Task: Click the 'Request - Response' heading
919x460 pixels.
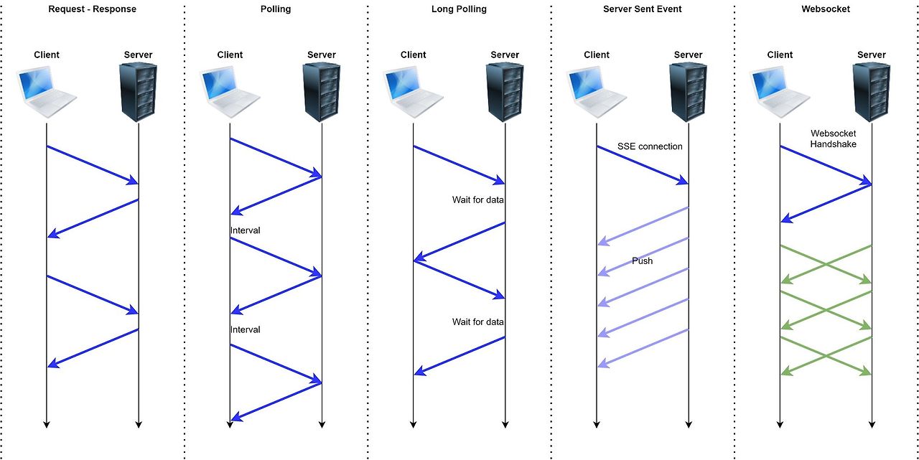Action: pos(93,9)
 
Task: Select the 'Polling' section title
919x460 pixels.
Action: pos(276,9)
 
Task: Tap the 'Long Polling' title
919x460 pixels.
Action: pos(459,9)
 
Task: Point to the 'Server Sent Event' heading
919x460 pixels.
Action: pos(642,9)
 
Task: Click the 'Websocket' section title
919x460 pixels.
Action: pos(826,9)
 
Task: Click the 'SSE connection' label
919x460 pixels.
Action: pos(650,146)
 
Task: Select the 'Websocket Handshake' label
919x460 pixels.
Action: pos(834,139)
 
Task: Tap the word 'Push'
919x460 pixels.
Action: pos(642,260)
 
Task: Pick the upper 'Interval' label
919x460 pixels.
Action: pos(246,230)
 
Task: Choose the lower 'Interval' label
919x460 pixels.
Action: pos(246,329)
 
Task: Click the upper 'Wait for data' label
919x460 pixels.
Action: pos(478,200)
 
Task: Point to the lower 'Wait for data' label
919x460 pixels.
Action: pos(478,321)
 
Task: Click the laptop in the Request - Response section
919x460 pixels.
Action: pos(46,93)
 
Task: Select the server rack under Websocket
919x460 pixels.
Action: pos(872,93)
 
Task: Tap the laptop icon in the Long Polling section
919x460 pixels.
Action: pos(413,93)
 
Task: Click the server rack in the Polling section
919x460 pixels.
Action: pos(321,93)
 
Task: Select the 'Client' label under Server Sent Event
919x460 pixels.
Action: pos(597,55)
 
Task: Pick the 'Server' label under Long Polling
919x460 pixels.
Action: pos(505,55)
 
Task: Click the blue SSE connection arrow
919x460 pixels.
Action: pos(643,165)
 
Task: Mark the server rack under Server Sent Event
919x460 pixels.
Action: pos(688,93)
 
